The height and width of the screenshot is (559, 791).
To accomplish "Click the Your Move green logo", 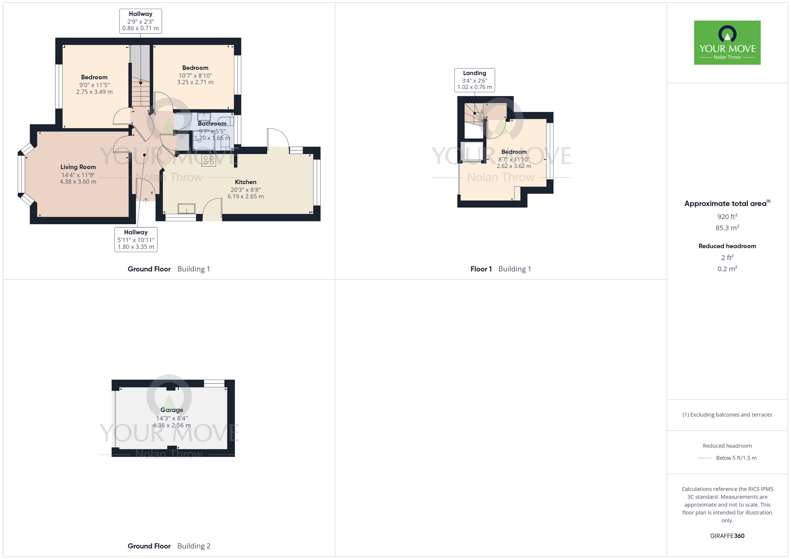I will coord(727,43).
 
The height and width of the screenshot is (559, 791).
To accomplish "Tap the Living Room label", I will coord(78,167).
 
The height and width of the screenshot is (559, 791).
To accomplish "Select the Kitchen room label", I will coord(246,182).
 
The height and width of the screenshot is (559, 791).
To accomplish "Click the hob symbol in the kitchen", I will coord(209,160).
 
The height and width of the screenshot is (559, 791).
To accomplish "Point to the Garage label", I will coord(172,410).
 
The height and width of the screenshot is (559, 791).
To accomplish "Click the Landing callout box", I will coord(475,80).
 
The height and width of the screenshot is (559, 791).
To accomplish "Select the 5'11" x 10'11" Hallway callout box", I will coord(136,240).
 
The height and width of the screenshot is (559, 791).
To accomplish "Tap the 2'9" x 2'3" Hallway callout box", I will coord(140,21).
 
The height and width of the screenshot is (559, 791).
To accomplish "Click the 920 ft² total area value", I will coord(727,217).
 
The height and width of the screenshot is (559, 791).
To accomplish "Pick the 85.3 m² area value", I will coord(727,228).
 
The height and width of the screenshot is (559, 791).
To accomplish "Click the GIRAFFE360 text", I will coord(727,536).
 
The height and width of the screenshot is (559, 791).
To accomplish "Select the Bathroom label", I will coord(212,124).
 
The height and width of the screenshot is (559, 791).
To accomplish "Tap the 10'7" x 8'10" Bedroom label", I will coord(195,68).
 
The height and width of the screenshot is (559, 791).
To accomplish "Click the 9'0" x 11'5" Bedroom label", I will coord(94,77).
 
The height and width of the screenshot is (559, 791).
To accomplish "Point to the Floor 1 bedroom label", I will coord(514,152).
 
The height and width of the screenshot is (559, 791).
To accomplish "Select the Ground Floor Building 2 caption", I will coord(169,546).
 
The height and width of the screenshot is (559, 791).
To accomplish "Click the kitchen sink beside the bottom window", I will coord(186,208).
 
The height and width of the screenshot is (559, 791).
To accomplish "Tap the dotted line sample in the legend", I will coord(705,458).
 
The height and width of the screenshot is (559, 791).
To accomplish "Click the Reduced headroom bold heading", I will coord(727,246).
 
